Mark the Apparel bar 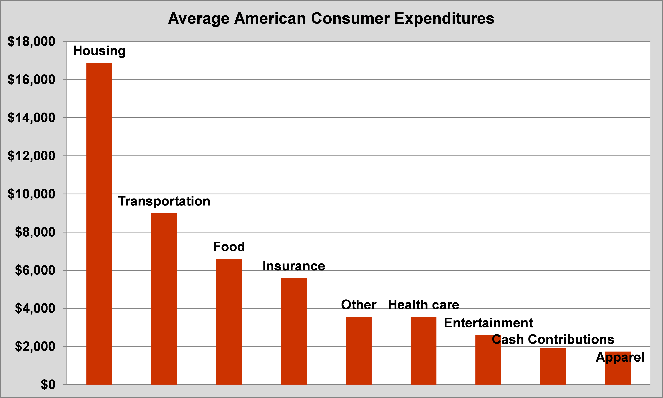(x=618, y=373)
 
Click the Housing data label (x=99, y=51)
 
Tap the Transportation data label (x=164, y=201)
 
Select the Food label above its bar (x=229, y=247)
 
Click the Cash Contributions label (x=553, y=339)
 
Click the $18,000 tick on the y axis (x=31, y=42)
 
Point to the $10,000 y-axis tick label (x=31, y=194)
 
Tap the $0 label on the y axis (x=48, y=385)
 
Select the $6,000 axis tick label (x=35, y=270)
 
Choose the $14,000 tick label (x=31, y=118)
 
